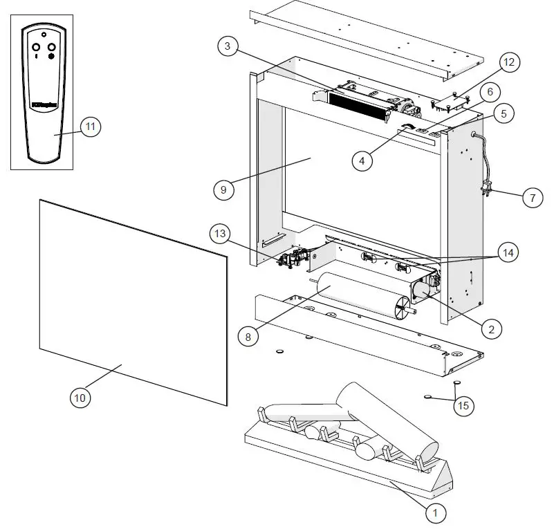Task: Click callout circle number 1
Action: tap(435, 512)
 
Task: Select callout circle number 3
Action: tap(227, 47)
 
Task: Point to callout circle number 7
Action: tap(532, 198)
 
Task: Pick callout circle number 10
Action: tap(81, 397)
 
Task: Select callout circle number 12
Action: tap(508, 63)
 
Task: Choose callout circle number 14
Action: tap(508, 252)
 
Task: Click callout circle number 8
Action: tap(248, 337)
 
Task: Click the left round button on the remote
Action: tap(35, 47)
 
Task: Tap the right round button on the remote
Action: tap(51, 47)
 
